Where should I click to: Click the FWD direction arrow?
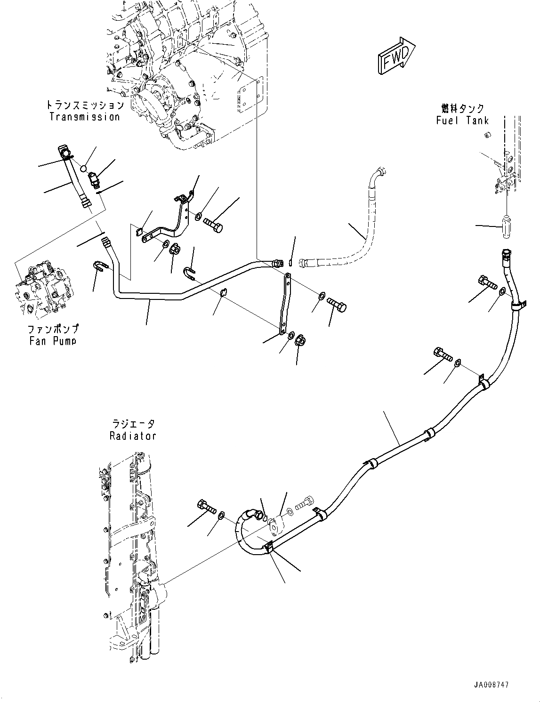(x=395, y=56)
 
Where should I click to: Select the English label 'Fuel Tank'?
(x=462, y=120)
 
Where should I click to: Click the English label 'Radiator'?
(x=132, y=436)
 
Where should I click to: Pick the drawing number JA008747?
(x=488, y=685)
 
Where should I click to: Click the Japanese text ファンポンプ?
(x=53, y=329)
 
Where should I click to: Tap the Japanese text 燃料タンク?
(x=462, y=109)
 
